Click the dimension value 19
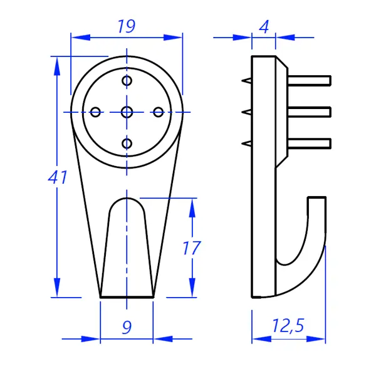pyautogui.click(x=127, y=26)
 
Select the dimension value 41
pyautogui.click(x=58, y=177)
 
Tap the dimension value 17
pyautogui.click(x=191, y=248)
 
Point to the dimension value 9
pyautogui.click(x=127, y=327)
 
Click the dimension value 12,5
pyautogui.click(x=288, y=325)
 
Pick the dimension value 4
pyautogui.click(x=264, y=27)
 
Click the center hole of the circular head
pyautogui.click(x=127, y=112)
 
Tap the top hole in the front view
pyautogui.click(x=127, y=81)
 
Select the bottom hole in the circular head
pyautogui.click(x=127, y=144)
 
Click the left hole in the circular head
pyautogui.click(x=95, y=112)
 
